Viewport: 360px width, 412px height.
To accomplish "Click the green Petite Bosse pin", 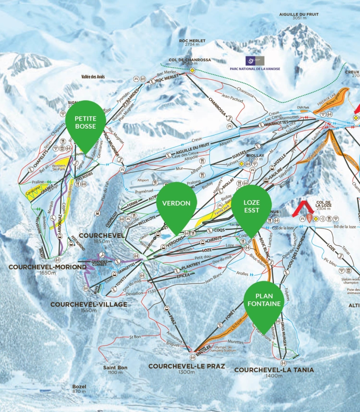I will tap(85, 122).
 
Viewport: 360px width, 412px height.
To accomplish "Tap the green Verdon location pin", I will tap(176, 203).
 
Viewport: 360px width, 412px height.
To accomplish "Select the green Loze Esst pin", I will tap(251, 207).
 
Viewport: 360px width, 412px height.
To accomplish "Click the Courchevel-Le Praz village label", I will tap(186, 366).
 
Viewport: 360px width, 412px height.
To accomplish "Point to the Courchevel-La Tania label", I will tap(274, 370).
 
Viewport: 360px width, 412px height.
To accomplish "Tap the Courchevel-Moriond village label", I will tap(47, 267).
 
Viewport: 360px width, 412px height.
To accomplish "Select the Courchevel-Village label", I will tap(89, 304).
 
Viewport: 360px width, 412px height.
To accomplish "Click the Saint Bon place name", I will tap(115, 367).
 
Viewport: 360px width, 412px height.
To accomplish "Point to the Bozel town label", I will tap(79, 386).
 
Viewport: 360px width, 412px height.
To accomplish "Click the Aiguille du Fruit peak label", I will tap(299, 14).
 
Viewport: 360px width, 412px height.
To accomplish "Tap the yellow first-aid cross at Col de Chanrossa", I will tap(192, 71).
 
